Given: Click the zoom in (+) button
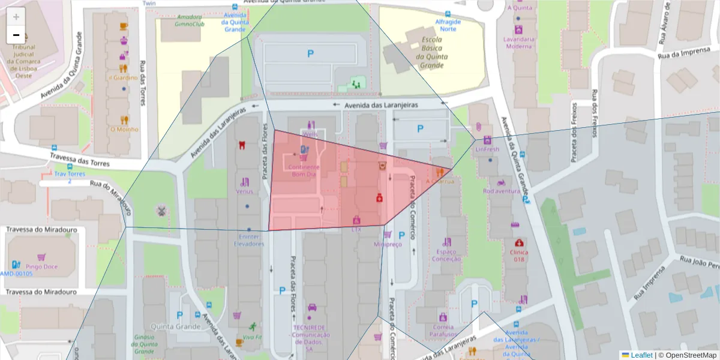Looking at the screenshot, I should click(x=16, y=17).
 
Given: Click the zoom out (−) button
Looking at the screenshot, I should click(x=16, y=35).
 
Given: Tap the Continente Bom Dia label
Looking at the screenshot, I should click(x=304, y=170).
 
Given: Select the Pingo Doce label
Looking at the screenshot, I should click(x=41, y=266).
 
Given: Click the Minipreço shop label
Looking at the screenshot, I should click(x=387, y=244).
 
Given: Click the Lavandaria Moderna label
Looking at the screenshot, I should click(x=518, y=42).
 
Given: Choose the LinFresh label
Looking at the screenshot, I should click(x=487, y=149).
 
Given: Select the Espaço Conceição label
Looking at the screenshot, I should click(x=446, y=255).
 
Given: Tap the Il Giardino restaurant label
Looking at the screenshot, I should click(x=123, y=77).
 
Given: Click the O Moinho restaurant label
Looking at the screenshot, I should click(x=124, y=129).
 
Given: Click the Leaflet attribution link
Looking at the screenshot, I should click(x=641, y=355).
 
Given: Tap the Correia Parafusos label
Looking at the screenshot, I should click(x=443, y=331).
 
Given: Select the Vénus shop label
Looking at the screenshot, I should click(x=244, y=191).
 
